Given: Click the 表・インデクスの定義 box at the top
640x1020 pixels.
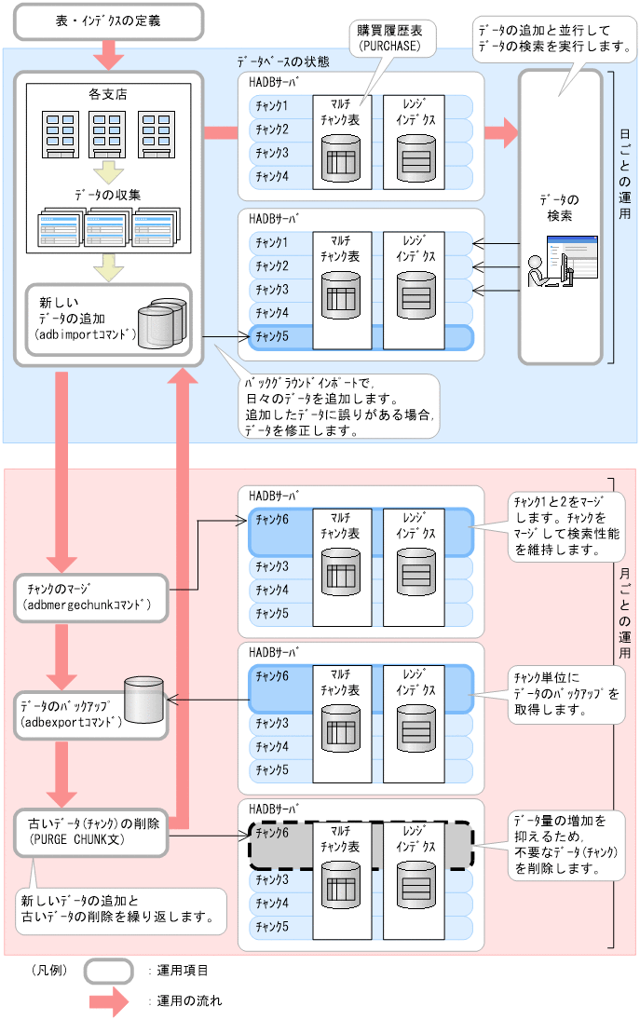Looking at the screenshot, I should tap(108, 20).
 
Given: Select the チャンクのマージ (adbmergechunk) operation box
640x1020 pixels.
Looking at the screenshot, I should tap(91, 597).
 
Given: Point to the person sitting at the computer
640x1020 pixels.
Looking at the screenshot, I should tap(538, 270).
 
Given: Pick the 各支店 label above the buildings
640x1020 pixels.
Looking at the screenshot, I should tap(106, 95).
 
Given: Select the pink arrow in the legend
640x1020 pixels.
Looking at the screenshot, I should tap(108, 1001).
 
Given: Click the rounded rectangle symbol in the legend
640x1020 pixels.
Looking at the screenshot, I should tap(108, 971).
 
